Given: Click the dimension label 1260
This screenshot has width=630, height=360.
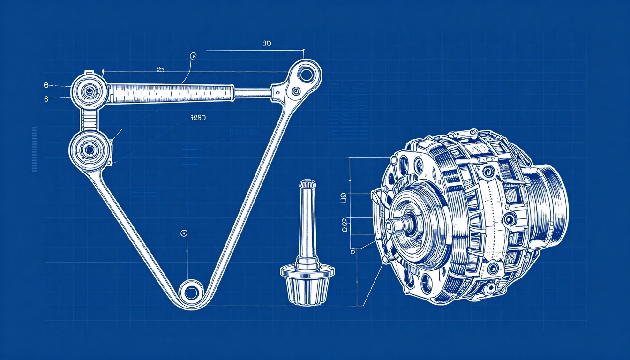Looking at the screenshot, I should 198,118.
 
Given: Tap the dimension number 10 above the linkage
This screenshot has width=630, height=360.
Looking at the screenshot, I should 267,44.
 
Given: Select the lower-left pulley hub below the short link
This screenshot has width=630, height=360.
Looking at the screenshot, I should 88,150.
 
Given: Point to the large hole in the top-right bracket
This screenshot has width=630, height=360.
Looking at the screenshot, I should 306,74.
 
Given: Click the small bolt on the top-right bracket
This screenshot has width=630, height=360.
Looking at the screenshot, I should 295,91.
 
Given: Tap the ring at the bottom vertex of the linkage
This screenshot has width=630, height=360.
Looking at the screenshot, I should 191,293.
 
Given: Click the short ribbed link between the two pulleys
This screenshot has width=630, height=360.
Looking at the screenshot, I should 88,120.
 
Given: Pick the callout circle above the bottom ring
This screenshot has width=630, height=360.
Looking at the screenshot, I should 184,233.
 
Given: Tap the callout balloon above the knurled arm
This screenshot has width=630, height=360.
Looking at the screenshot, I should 192,56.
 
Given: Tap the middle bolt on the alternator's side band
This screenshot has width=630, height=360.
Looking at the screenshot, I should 509,218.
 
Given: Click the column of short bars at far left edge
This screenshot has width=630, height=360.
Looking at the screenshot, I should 34,149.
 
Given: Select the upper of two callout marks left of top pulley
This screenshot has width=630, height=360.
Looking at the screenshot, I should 46,85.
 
